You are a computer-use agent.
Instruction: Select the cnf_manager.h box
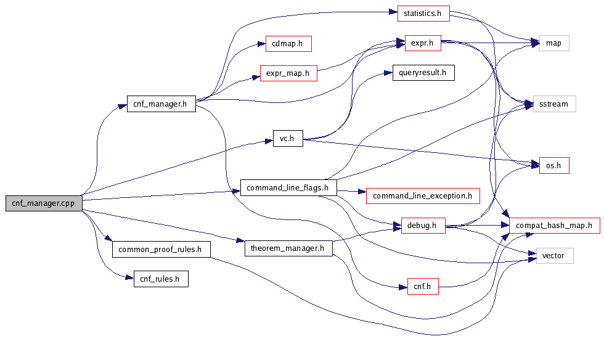click(x=160, y=104)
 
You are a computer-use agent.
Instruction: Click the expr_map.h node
click(x=288, y=73)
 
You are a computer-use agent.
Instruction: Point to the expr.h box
click(x=423, y=43)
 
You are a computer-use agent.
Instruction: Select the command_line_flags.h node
click(x=288, y=187)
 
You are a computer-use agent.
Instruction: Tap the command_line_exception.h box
click(x=423, y=197)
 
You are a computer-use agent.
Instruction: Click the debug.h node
click(x=423, y=226)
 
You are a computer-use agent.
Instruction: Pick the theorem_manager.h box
click(x=288, y=248)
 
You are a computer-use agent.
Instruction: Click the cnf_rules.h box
click(x=160, y=279)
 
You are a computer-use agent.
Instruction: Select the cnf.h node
click(x=423, y=286)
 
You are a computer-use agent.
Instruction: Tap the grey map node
click(x=553, y=43)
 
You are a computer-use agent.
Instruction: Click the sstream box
click(x=553, y=104)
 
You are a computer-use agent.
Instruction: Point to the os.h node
click(x=553, y=166)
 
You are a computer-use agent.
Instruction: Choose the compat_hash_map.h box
click(x=554, y=226)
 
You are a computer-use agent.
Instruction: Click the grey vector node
click(x=554, y=255)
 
